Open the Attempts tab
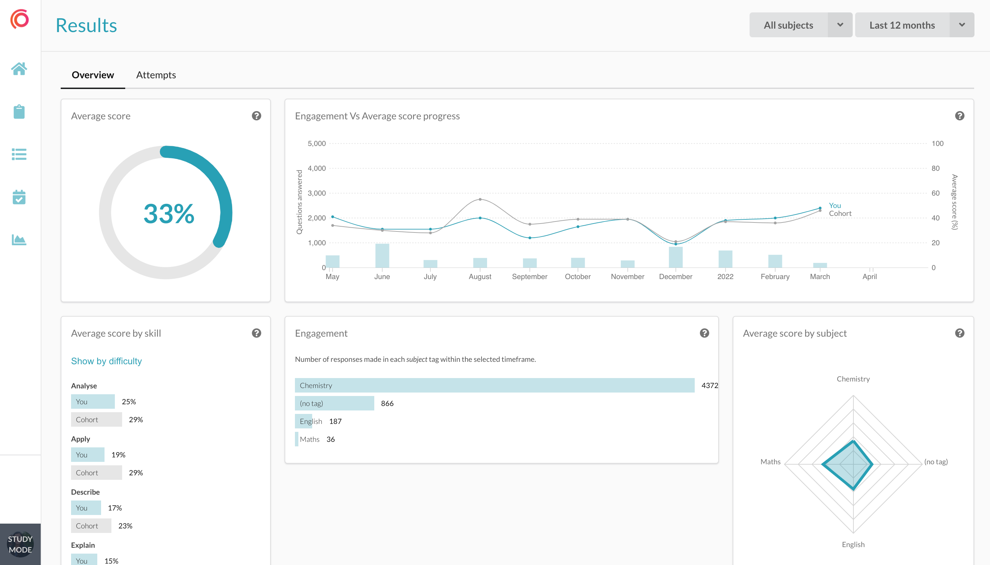point(156,75)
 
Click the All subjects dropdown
point(800,25)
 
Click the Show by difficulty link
point(106,361)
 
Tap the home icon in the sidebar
point(19,69)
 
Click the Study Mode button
point(20,544)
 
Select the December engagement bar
point(675,257)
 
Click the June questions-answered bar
point(382,255)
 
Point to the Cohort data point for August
point(480,199)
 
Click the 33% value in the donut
point(169,214)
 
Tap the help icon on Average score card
point(256,116)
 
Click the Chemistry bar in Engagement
point(494,385)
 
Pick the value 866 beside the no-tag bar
point(387,404)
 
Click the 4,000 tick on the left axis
point(316,168)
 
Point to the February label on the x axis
point(775,277)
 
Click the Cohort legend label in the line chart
point(840,214)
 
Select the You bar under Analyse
point(93,402)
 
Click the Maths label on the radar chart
point(770,462)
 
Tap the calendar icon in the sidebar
point(19,197)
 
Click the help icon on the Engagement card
point(704,333)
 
